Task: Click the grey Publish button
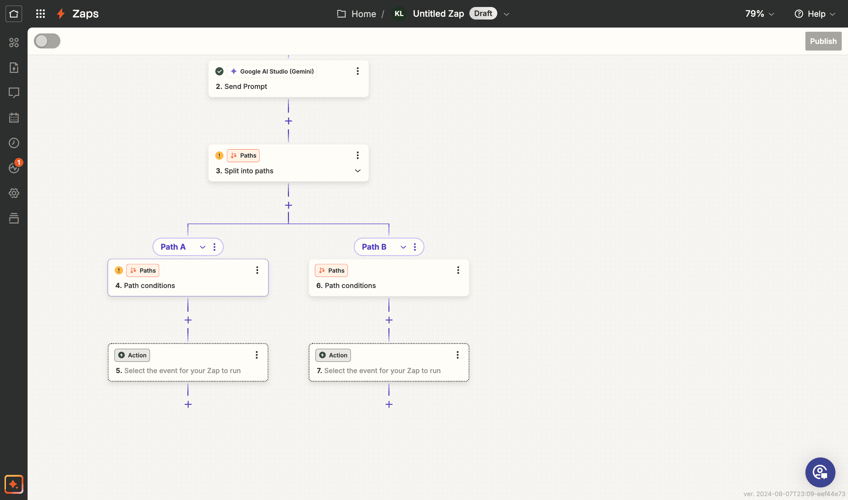(x=823, y=41)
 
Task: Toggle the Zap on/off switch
(x=47, y=41)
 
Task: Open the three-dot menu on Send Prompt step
(x=358, y=71)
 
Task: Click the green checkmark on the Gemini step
(x=220, y=71)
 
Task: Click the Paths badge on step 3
(x=243, y=156)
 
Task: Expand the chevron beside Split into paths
(x=358, y=171)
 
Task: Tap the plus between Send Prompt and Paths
(x=289, y=121)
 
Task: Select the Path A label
(x=173, y=247)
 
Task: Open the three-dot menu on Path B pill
(x=415, y=247)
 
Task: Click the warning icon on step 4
(x=119, y=271)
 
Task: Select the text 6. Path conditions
(x=346, y=286)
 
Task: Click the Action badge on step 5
(x=132, y=355)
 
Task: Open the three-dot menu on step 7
(x=458, y=355)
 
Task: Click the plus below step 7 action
(x=389, y=404)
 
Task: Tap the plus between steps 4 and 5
(x=188, y=320)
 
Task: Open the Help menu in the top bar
(x=815, y=14)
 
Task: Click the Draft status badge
(x=483, y=14)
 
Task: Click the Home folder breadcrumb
(x=357, y=14)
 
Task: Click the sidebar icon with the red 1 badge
(x=14, y=168)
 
